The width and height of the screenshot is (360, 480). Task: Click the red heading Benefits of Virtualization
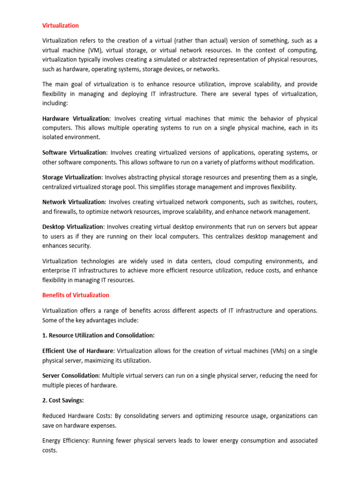(x=75, y=295)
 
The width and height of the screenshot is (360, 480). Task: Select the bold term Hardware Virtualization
(x=76, y=119)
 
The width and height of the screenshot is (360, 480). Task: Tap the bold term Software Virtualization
(x=75, y=153)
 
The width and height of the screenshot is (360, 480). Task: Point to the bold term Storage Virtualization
(x=72, y=177)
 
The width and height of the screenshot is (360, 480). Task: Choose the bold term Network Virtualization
(x=74, y=202)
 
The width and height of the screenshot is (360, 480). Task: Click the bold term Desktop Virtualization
(x=73, y=227)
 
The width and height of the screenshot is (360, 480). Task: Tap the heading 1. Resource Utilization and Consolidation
(x=98, y=335)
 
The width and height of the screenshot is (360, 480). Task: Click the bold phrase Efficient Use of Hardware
(x=78, y=351)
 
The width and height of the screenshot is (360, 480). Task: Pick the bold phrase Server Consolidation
(x=71, y=375)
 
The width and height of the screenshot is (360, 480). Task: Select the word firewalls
(x=67, y=211)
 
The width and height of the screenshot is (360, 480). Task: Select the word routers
(x=305, y=202)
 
